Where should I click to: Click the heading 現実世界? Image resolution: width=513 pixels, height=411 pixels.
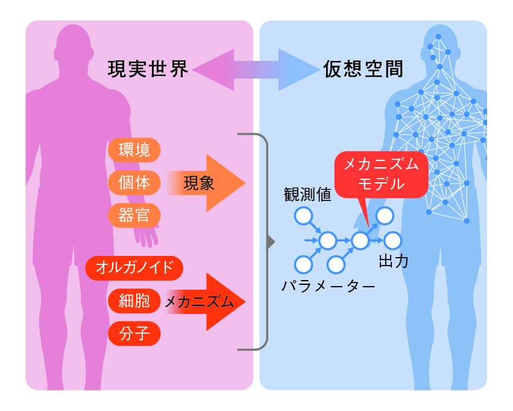[x=148, y=69]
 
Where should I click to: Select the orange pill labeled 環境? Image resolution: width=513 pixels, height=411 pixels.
[x=134, y=149]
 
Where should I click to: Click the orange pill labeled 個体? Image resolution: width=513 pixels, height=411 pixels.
[x=134, y=182]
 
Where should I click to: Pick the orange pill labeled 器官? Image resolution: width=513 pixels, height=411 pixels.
[x=134, y=215]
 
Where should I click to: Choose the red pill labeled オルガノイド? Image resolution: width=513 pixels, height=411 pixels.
[x=134, y=267]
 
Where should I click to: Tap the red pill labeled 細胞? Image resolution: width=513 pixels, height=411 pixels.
[x=134, y=300]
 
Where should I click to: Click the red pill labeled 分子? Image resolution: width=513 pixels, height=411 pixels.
[x=134, y=333]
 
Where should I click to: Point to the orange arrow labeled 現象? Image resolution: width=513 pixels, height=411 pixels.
[x=205, y=183]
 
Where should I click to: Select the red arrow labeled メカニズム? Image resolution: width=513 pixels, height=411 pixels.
[x=205, y=302]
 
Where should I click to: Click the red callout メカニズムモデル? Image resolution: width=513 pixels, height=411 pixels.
[x=381, y=175]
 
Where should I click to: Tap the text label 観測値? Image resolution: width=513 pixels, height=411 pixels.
[x=307, y=194]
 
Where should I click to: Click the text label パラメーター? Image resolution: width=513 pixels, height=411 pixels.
[x=329, y=285]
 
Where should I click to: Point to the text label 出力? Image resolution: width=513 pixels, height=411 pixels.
[x=394, y=262]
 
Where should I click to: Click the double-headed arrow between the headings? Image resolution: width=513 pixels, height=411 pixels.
[x=256, y=70]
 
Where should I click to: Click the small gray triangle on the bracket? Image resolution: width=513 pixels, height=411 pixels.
[x=271, y=242]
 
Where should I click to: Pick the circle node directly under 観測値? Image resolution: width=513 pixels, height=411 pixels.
[x=303, y=215]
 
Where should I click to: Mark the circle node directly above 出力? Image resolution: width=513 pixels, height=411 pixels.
[x=393, y=241]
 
